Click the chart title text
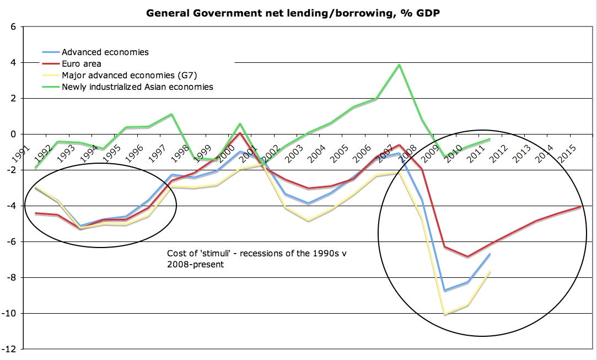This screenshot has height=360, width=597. point(293,12)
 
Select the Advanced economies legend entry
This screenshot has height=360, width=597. point(105,52)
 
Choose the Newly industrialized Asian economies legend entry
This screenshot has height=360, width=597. point(137,87)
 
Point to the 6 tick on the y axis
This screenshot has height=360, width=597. point(12,26)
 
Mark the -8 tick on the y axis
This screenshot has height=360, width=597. point(10,278)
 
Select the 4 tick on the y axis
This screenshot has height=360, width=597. point(12,62)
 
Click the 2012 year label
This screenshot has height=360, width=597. point(500,151)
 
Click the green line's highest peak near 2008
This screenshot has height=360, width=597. point(399,65)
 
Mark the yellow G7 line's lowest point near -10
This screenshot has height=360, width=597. point(445,314)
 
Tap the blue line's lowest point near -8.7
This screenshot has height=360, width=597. point(445,291)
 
